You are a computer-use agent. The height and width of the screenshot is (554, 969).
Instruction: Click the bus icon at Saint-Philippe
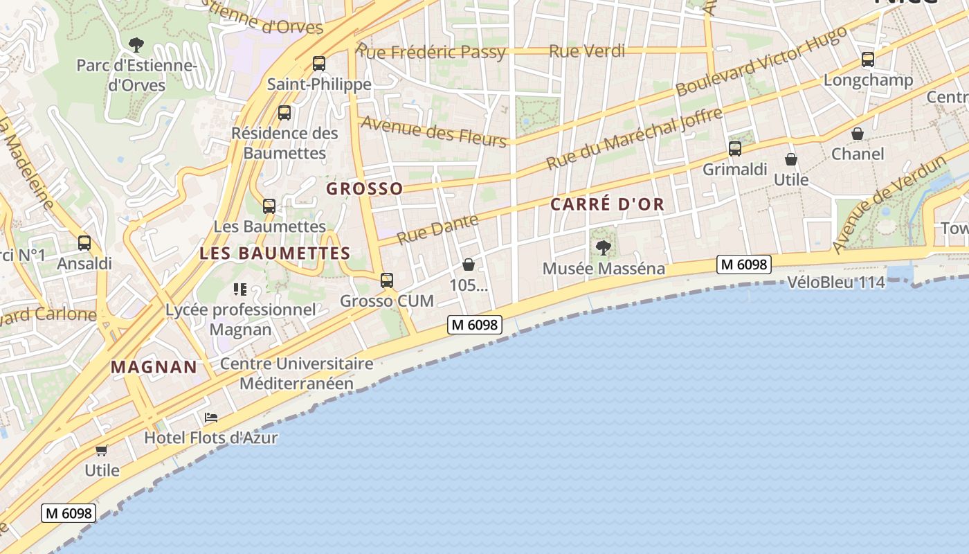click(x=319, y=64)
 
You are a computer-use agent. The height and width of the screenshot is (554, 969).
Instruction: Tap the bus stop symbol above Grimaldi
click(x=735, y=149)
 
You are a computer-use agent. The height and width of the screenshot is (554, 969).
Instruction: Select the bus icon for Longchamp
click(x=868, y=60)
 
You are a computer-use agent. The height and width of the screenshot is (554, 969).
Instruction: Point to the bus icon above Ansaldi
click(x=84, y=243)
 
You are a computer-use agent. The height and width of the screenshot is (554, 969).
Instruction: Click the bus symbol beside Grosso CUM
click(x=387, y=280)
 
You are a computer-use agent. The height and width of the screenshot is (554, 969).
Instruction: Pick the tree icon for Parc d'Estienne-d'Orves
click(x=136, y=46)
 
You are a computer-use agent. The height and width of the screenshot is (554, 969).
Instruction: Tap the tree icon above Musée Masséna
click(x=604, y=247)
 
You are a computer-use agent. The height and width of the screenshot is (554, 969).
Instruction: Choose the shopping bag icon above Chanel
click(x=858, y=134)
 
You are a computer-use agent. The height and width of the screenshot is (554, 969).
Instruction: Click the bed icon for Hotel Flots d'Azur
click(x=211, y=417)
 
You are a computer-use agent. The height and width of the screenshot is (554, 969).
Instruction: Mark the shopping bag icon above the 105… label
click(x=469, y=265)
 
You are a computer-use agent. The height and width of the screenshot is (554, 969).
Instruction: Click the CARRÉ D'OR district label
click(x=608, y=204)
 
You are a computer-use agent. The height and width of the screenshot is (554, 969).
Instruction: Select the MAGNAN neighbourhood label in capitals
click(x=154, y=367)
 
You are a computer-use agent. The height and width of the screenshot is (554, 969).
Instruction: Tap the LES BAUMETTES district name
click(x=275, y=253)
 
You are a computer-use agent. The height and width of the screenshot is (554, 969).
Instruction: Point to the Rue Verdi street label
click(x=587, y=51)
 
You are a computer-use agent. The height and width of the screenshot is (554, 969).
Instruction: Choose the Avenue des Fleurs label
click(x=434, y=130)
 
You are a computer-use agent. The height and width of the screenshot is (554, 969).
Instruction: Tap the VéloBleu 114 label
click(x=836, y=283)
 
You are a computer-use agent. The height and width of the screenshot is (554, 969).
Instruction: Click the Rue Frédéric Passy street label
click(x=431, y=52)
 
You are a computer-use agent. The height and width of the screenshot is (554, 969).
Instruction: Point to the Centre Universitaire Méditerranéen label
click(x=297, y=373)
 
